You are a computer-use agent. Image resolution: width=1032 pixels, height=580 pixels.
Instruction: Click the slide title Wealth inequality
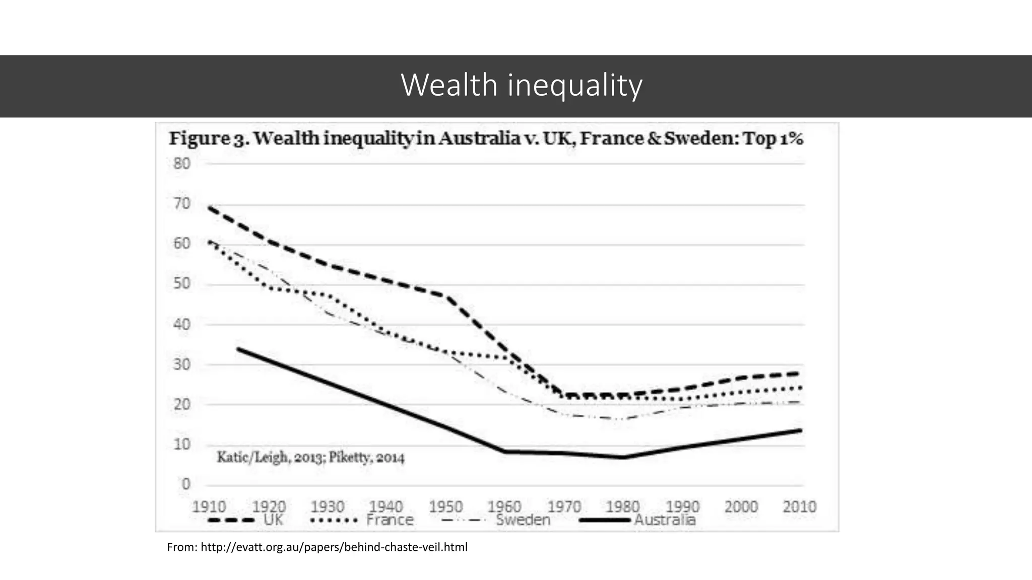click(522, 85)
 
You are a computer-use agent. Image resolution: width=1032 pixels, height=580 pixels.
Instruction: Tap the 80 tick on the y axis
click(182, 164)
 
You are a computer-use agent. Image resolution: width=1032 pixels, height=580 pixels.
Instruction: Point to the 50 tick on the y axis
click(182, 283)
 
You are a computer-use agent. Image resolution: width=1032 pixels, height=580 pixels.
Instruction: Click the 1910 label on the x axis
click(209, 506)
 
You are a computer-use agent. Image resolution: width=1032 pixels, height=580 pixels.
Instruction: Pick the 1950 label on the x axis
click(445, 506)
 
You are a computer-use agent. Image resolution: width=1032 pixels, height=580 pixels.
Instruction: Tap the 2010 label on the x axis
click(799, 506)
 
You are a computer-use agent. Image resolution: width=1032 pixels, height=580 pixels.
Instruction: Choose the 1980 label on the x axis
click(622, 506)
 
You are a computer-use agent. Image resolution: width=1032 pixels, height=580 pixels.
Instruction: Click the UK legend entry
click(273, 520)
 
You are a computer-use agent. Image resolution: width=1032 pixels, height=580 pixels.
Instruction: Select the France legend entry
click(390, 520)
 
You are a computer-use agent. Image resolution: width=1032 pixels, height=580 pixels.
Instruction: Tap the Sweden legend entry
click(523, 520)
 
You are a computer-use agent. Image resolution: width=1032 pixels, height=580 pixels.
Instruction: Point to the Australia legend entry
click(664, 520)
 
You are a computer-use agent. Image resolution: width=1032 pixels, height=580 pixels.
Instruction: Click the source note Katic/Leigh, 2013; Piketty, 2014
click(310, 458)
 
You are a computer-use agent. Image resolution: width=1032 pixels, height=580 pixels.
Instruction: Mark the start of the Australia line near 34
click(238, 348)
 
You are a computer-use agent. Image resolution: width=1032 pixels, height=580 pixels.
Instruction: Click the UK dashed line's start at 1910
click(210, 207)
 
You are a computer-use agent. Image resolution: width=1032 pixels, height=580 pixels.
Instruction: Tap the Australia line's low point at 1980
click(623, 457)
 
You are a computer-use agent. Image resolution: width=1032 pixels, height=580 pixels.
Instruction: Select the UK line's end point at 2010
click(799, 373)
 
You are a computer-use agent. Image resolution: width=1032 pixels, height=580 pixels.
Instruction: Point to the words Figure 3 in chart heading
click(207, 138)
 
